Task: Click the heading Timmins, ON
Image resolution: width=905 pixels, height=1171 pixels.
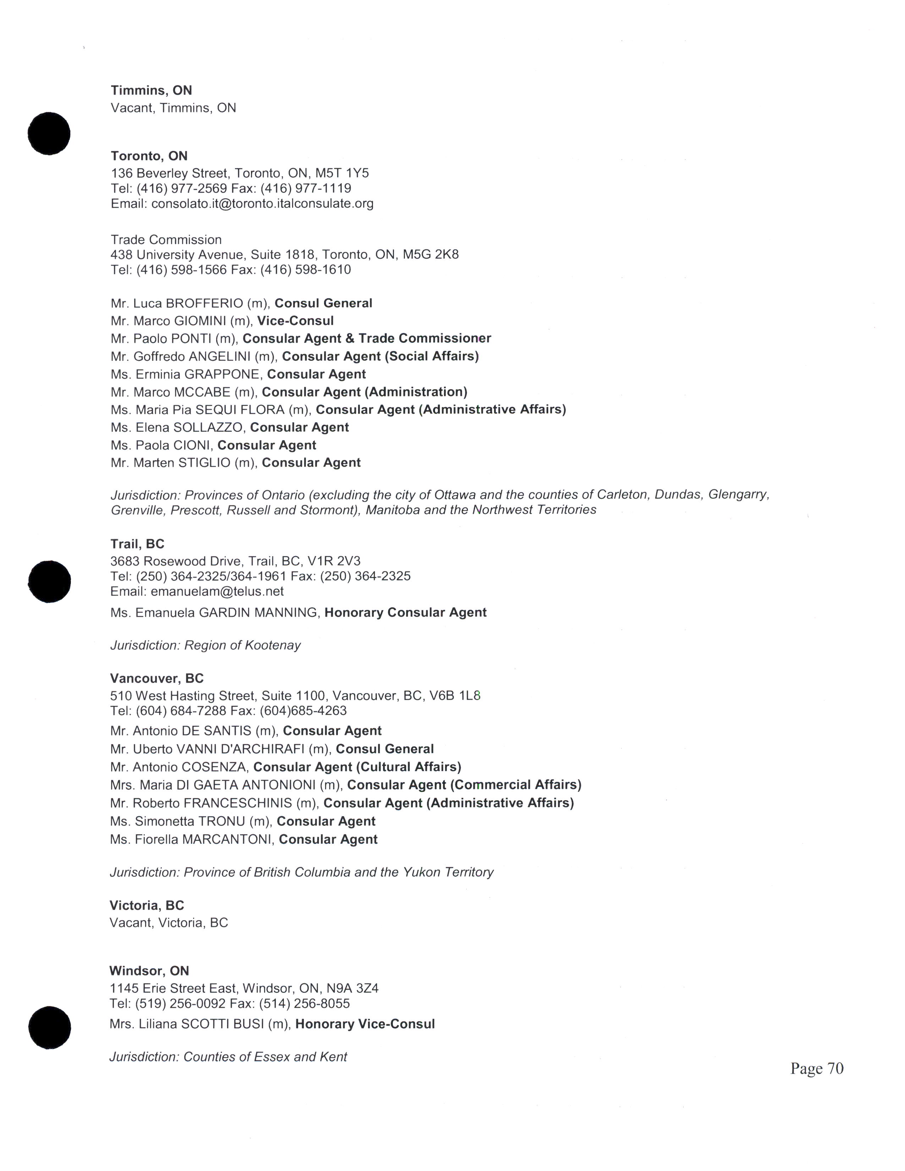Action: (x=151, y=90)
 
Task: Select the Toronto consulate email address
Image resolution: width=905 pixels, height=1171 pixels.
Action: (x=262, y=204)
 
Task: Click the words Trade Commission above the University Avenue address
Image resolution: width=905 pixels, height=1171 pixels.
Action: (x=166, y=240)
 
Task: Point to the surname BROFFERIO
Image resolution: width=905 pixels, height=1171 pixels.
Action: (x=204, y=303)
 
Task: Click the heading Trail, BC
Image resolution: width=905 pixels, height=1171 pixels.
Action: (x=137, y=544)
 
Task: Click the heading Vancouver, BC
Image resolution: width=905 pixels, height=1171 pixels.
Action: (x=157, y=679)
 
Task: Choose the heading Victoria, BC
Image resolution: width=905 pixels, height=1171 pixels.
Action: (x=146, y=906)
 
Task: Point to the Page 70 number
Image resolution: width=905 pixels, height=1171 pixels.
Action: (x=817, y=1068)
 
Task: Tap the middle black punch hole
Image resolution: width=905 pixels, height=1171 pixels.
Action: (x=49, y=581)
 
